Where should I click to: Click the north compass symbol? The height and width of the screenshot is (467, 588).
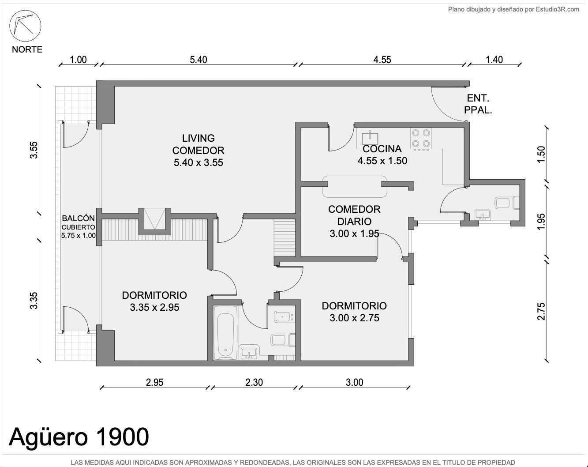(x=25, y=26)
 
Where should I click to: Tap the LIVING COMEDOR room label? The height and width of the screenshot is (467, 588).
(x=198, y=151)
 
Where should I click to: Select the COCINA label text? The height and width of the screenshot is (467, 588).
(x=382, y=149)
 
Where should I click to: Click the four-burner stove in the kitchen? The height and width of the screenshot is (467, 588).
(x=421, y=139)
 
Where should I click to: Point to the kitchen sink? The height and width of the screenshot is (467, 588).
(x=370, y=138)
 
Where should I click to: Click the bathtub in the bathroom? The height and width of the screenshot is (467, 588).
(x=225, y=333)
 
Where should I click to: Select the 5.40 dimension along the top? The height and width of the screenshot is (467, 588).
(x=198, y=60)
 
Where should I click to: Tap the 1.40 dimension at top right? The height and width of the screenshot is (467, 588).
(x=494, y=60)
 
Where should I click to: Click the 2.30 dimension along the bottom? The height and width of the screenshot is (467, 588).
(x=254, y=382)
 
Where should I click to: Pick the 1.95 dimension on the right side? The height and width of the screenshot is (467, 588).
(x=541, y=222)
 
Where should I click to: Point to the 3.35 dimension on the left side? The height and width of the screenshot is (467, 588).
(x=34, y=301)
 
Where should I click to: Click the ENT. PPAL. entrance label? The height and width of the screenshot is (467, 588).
(x=478, y=104)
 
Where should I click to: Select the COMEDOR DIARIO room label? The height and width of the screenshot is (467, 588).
(x=354, y=215)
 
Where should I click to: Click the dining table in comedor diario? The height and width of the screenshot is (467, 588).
(x=355, y=186)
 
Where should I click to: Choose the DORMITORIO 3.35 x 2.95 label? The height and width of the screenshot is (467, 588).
(x=154, y=301)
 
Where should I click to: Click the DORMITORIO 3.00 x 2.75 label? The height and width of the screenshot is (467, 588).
(x=354, y=312)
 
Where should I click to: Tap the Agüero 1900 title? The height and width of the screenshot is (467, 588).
(x=79, y=437)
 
